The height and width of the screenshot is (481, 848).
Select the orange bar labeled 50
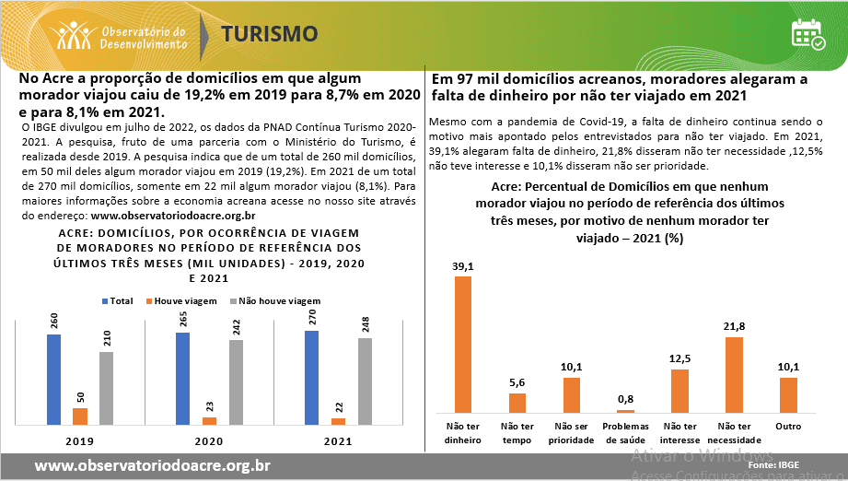click(80, 416)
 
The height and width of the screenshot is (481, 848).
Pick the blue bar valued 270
click(311, 378)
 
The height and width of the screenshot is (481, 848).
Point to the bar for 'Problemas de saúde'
click(625, 411)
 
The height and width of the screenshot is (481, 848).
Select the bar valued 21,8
click(734, 374)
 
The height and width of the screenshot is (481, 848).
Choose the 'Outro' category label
click(788, 427)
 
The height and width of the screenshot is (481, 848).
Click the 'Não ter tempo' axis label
click(517, 432)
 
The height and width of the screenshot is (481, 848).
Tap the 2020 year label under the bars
click(208, 440)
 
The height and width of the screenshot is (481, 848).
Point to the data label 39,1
click(463, 266)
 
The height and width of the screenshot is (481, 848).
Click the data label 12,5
click(680, 359)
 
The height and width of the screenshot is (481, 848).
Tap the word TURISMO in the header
click(270, 34)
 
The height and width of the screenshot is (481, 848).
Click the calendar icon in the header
click(807, 33)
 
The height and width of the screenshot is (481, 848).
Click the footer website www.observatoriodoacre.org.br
click(152, 465)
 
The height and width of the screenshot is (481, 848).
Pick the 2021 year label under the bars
click(337, 440)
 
